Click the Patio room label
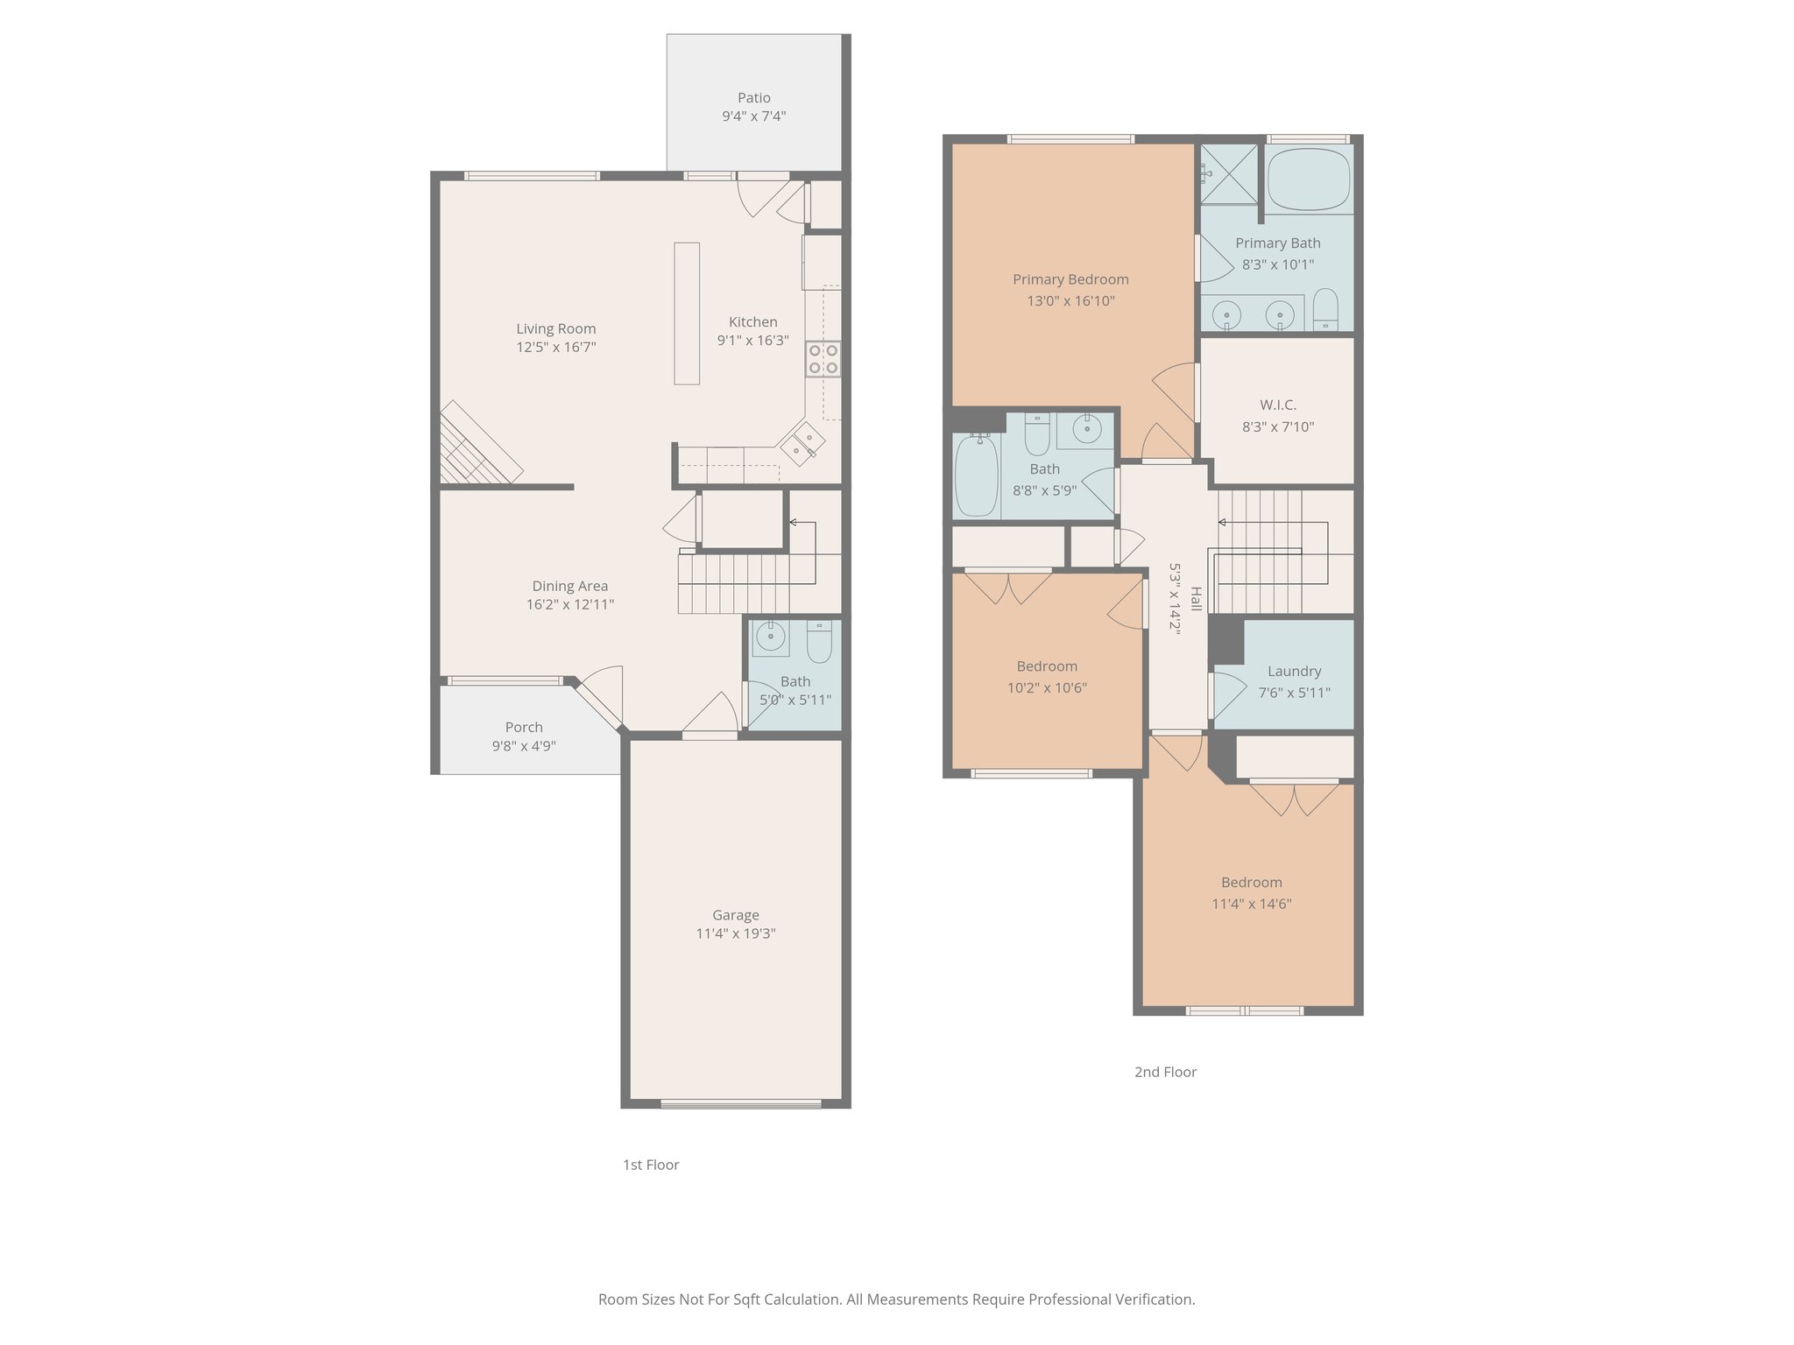753,98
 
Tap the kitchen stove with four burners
823,359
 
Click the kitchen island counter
687,313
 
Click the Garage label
735,915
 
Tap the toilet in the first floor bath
819,642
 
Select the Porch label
524,728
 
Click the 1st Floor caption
651,1165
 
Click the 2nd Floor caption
1165,1072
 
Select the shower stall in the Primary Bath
1228,174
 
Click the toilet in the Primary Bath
1325,310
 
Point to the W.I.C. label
1278,405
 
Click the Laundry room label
1294,672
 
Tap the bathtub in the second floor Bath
976,477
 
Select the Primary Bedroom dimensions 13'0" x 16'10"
1070,301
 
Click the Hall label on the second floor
1196,599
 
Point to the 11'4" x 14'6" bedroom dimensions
1251,905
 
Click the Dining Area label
569,587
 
